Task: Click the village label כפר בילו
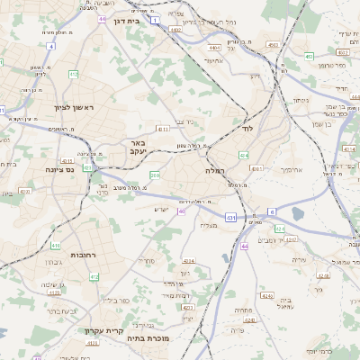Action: point(117,300)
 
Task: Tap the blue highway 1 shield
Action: point(154,19)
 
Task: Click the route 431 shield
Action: point(230,217)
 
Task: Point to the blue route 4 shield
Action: point(51,45)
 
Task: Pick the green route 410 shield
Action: point(56,245)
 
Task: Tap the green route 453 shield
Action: point(309,56)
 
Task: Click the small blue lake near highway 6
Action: point(298,214)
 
